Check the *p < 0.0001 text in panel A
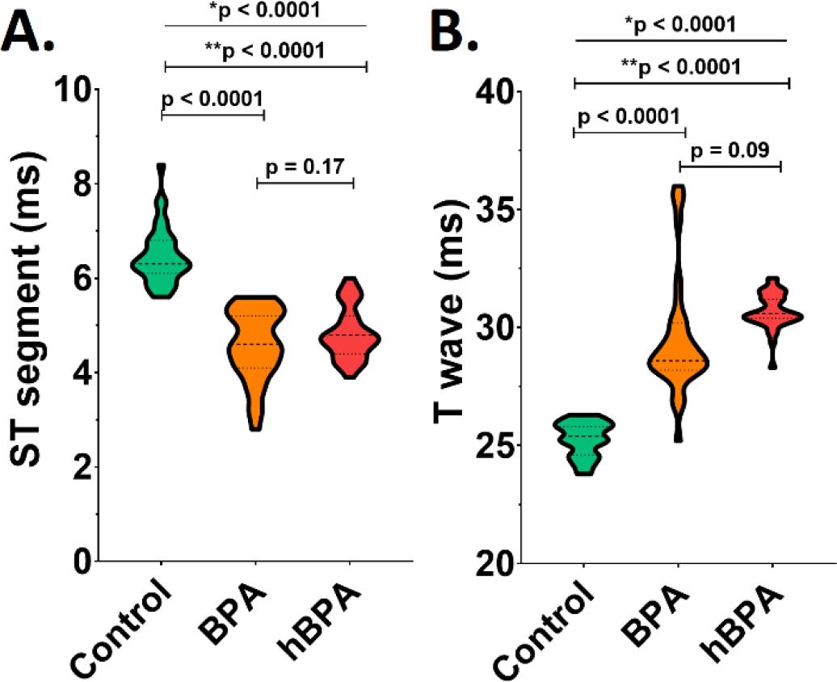(265, 11)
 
